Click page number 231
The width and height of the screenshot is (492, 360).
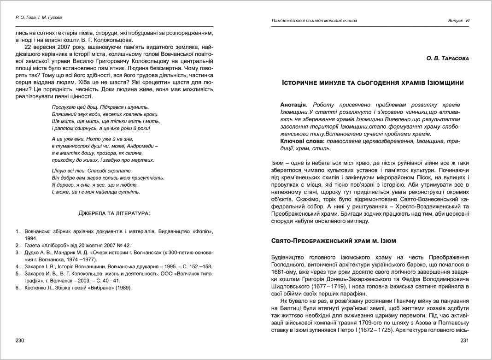tap(464, 341)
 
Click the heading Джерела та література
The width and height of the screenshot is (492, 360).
tap(114, 213)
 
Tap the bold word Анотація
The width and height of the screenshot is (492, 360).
tap(293, 105)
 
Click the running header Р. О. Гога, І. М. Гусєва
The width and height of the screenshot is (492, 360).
tap(39, 18)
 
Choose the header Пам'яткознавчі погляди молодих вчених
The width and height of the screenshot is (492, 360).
tap(314, 21)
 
